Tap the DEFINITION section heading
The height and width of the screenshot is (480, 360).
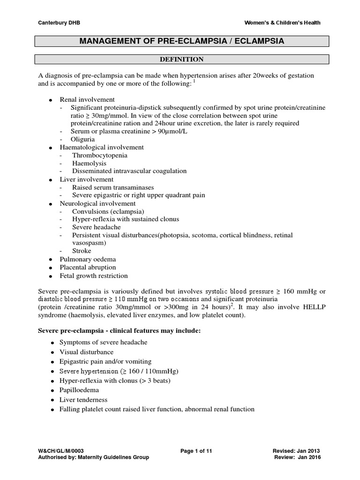(183, 60)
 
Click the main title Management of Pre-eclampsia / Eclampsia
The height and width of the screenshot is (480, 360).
(183, 42)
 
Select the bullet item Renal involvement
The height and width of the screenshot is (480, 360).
(87, 100)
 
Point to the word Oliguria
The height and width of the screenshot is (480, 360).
(83, 139)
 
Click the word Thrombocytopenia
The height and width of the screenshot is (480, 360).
(99, 155)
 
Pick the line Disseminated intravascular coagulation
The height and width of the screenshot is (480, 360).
(129, 171)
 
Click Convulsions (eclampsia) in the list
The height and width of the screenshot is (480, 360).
(108, 211)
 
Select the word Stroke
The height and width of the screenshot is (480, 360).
(82, 251)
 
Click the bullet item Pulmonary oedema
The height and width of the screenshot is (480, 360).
(88, 259)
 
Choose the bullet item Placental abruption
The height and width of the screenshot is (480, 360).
(88, 267)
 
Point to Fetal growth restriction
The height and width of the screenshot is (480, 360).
(93, 276)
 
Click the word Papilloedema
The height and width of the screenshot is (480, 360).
(83, 390)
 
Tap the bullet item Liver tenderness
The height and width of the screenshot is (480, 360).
(83, 400)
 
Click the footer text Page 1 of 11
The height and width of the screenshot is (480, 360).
(196, 450)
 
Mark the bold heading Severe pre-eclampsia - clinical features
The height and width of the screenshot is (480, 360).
(119, 331)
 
